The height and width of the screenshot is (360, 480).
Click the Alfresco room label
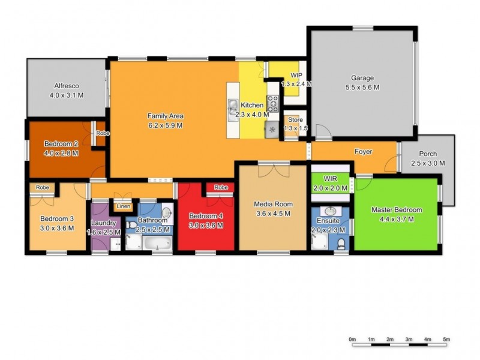tap(67, 86)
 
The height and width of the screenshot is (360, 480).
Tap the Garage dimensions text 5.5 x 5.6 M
tap(362, 87)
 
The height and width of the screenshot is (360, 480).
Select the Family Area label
tap(165, 116)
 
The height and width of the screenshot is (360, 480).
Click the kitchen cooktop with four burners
tap(273, 103)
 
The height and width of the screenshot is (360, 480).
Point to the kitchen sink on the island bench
tap(232, 107)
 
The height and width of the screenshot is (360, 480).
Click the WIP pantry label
tap(296, 75)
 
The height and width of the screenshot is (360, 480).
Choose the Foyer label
tap(363, 152)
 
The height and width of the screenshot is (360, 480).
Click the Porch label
tap(428, 154)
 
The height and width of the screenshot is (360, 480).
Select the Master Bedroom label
tap(397, 210)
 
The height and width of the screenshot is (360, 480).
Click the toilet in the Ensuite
tap(341, 242)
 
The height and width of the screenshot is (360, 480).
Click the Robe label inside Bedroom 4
tap(221, 188)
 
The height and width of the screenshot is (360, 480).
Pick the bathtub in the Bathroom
tap(157, 244)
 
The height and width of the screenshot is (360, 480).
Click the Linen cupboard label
tap(123, 206)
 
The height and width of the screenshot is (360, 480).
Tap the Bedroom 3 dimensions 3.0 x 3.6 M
tap(57, 227)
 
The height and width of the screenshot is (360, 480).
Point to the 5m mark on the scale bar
tap(446, 340)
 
